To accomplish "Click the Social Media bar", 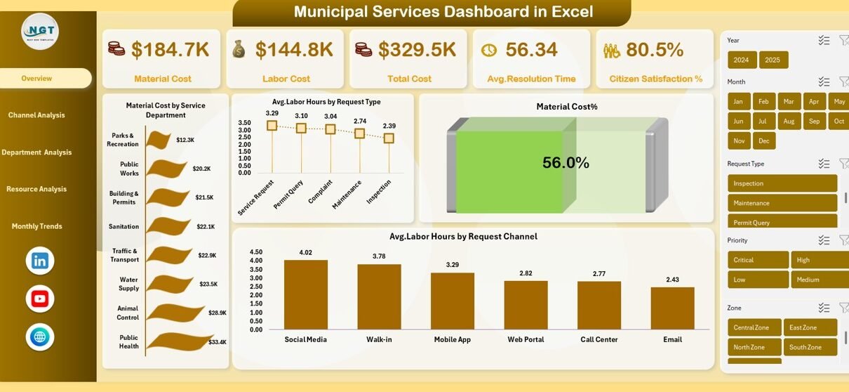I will [306, 294].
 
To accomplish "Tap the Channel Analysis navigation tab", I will [36, 115].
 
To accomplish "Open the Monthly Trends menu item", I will [36, 226].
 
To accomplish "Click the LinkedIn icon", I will [40, 261].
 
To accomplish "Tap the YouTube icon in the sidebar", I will [40, 299].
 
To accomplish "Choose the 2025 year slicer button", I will [773, 60].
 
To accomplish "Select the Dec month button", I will [764, 141].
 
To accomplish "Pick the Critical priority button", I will [758, 260].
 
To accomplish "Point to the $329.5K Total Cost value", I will [417, 49].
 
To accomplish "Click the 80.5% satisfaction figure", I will [654, 49].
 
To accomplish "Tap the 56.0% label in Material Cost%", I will [566, 163].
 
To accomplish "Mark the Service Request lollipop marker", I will [272, 126].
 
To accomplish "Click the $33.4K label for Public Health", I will [218, 342].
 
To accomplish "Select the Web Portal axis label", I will [526, 339].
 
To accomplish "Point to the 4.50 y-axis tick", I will [255, 252].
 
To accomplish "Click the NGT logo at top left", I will [40, 31].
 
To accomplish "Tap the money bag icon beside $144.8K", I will [239, 49].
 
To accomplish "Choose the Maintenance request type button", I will [782, 203].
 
